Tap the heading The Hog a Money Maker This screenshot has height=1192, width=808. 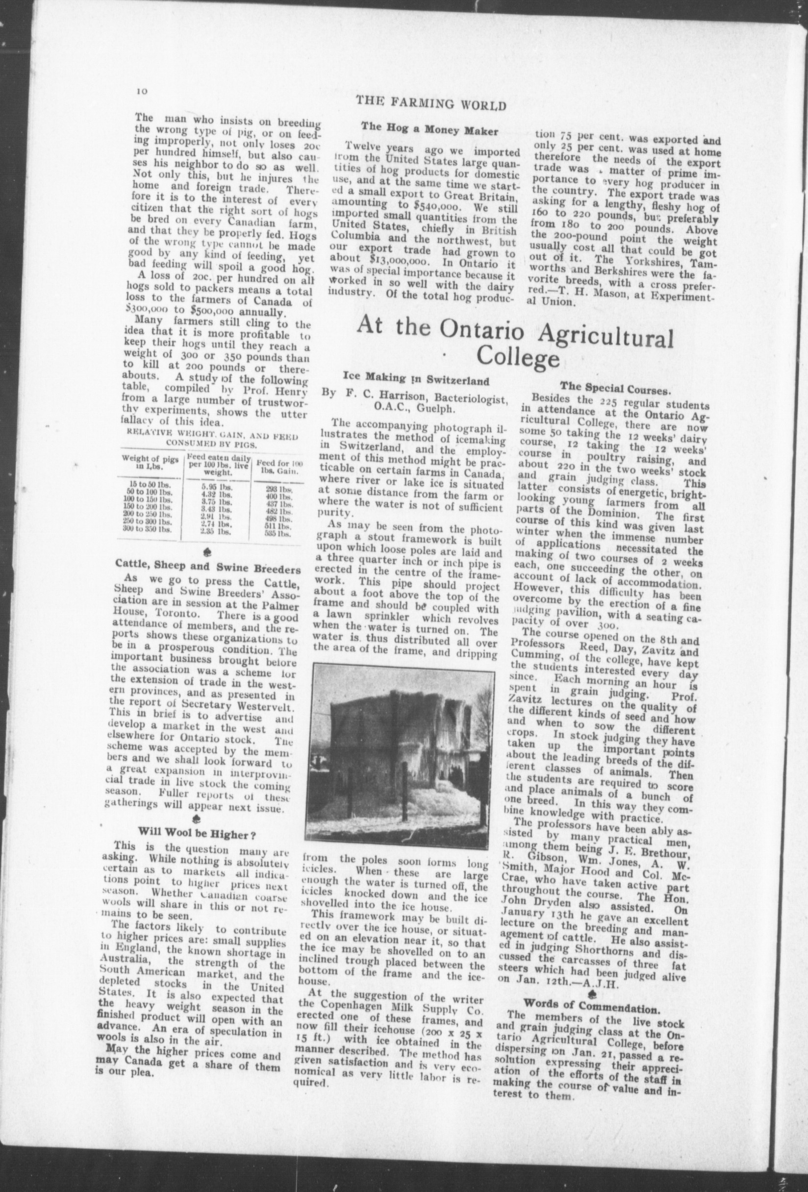pyautogui.click(x=429, y=130)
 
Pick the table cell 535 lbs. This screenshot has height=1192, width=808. pyautogui.click(x=281, y=533)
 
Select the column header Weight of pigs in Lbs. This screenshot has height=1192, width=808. pyautogui.click(x=151, y=462)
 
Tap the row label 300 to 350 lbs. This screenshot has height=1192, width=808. pyautogui.click(x=151, y=529)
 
